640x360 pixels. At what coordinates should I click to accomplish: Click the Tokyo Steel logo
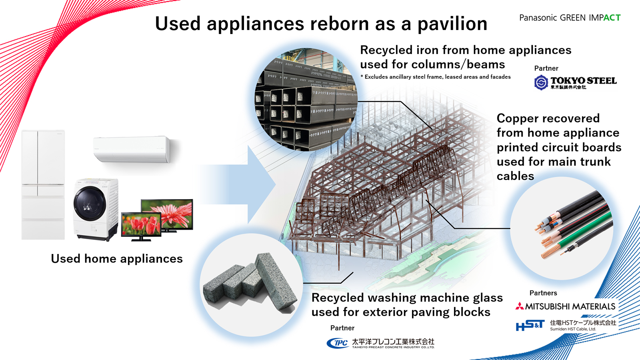coord(575,82)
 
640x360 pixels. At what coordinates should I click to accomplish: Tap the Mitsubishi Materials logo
coord(566,306)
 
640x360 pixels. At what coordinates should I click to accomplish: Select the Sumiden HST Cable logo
coord(566,325)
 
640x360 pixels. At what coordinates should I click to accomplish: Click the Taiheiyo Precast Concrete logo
coord(380,343)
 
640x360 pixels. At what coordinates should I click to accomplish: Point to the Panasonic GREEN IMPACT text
coord(570,18)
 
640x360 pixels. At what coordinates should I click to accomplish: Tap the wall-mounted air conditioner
coord(131,149)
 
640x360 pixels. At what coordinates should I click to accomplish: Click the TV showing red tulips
coord(141,225)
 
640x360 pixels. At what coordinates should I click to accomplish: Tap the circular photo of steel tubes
coord(306,100)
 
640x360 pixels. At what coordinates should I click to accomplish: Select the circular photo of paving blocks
coord(251,285)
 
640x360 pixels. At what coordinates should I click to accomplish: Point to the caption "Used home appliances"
coord(116,259)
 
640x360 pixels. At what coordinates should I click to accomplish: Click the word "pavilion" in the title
coord(452,24)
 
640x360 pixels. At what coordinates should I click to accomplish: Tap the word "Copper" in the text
coord(521,118)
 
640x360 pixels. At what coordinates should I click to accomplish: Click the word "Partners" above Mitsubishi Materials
coord(543,293)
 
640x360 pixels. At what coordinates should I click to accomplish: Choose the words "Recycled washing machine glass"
coord(407,298)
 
